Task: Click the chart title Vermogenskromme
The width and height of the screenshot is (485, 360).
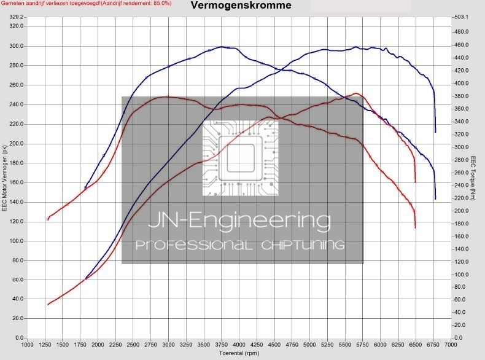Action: tap(241, 6)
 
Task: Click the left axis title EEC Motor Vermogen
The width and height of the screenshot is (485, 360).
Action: tap(5, 178)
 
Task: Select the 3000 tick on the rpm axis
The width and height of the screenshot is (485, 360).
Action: tap(168, 345)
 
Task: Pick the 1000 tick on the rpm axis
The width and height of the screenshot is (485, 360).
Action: tap(28, 345)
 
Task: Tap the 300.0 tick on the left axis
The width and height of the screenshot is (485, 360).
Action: tap(16, 46)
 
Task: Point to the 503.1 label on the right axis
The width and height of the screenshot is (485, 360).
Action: tap(462, 17)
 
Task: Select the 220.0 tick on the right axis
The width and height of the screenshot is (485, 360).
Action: tap(462, 198)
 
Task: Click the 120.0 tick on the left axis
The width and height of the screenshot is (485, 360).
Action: tap(16, 222)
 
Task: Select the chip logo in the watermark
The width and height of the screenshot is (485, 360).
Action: tap(240, 158)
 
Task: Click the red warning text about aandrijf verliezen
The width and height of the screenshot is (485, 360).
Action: tap(85, 4)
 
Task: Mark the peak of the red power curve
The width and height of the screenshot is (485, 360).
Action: tap(355, 93)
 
